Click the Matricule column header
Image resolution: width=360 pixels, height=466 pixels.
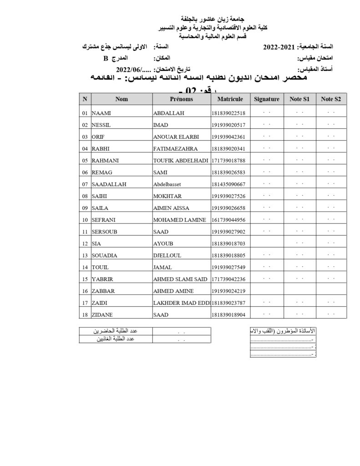(x=230, y=99)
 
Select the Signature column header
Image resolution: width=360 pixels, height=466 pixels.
(x=267, y=99)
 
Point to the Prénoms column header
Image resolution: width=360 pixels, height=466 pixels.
(x=181, y=99)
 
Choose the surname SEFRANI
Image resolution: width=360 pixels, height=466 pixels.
(x=104, y=220)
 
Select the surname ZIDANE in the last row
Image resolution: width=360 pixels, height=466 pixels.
(x=103, y=314)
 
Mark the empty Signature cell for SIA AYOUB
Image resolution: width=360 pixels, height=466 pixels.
(x=267, y=243)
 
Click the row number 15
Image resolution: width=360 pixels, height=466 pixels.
(x=85, y=279)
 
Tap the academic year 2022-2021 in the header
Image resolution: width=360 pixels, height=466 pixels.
(x=280, y=47)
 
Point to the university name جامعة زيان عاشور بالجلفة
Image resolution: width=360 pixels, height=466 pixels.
(x=213, y=20)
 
